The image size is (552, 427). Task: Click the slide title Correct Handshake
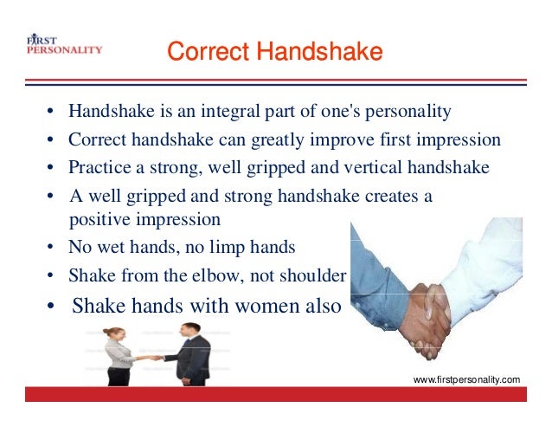pyautogui.click(x=274, y=53)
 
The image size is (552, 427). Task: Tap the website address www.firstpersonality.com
pyautogui.click(x=467, y=379)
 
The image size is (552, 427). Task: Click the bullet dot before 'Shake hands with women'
pyautogui.click(x=52, y=307)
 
